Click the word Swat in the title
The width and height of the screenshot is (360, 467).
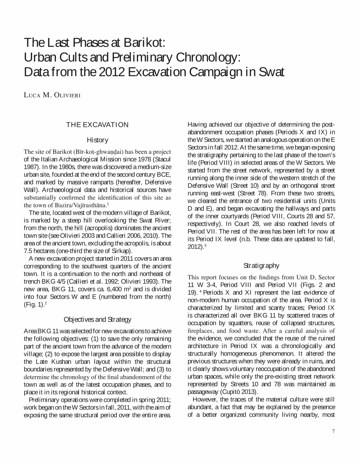(268, 72)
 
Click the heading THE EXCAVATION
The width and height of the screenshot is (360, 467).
(97, 125)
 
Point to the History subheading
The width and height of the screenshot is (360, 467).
(97, 140)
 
